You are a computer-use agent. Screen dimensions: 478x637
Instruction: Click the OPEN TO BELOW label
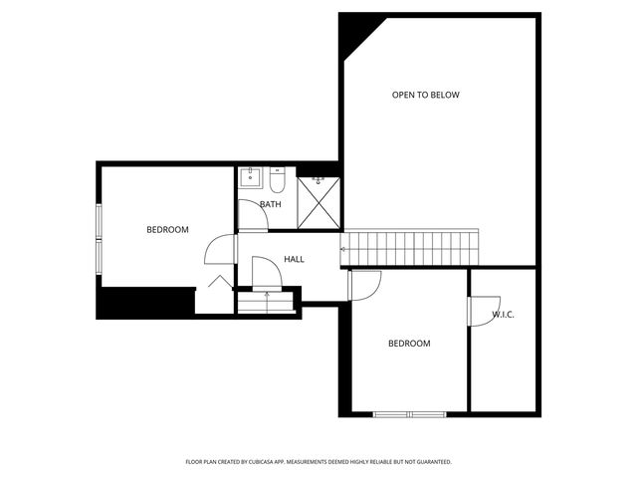tap(425, 96)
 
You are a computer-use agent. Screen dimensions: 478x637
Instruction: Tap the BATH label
tap(270, 204)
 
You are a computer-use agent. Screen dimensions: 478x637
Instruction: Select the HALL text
tap(294, 259)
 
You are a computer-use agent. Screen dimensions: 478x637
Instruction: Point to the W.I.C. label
tap(503, 315)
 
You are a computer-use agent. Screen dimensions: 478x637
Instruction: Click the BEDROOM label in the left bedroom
tap(167, 230)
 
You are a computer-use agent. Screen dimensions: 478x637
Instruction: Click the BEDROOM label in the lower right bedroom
tap(408, 344)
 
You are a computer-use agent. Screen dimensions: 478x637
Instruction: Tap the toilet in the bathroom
tap(277, 180)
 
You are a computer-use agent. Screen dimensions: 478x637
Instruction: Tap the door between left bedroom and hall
tap(219, 250)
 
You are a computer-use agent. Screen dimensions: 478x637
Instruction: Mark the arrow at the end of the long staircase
tap(344, 249)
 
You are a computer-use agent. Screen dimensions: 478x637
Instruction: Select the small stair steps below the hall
tap(267, 301)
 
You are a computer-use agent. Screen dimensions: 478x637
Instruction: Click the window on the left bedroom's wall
tap(99, 237)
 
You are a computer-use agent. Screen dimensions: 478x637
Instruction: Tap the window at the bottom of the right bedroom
tap(409, 413)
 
